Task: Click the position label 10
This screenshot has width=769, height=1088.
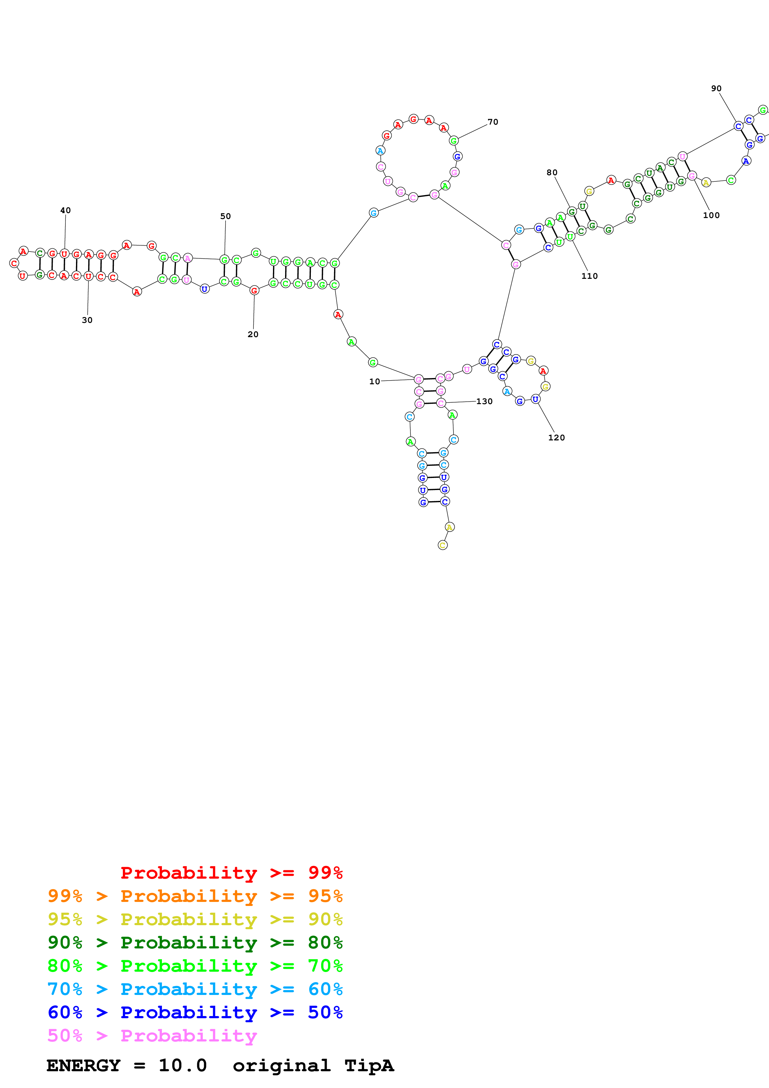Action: point(374,381)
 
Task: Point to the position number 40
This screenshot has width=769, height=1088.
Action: point(65,210)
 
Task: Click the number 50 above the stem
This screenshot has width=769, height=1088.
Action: point(226,216)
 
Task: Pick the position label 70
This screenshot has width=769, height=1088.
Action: point(493,122)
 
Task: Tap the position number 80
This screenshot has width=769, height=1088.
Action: point(552,172)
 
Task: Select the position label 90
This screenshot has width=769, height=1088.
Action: point(716,89)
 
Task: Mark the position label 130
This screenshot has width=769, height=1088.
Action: point(484,401)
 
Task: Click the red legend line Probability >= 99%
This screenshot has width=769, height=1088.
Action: point(231,872)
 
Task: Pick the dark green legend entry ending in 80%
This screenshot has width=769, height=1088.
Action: point(195,943)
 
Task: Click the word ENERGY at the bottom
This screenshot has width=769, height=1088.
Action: point(83,1065)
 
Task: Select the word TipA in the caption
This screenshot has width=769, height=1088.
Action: point(369,1065)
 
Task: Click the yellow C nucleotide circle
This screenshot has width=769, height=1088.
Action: point(443,545)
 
